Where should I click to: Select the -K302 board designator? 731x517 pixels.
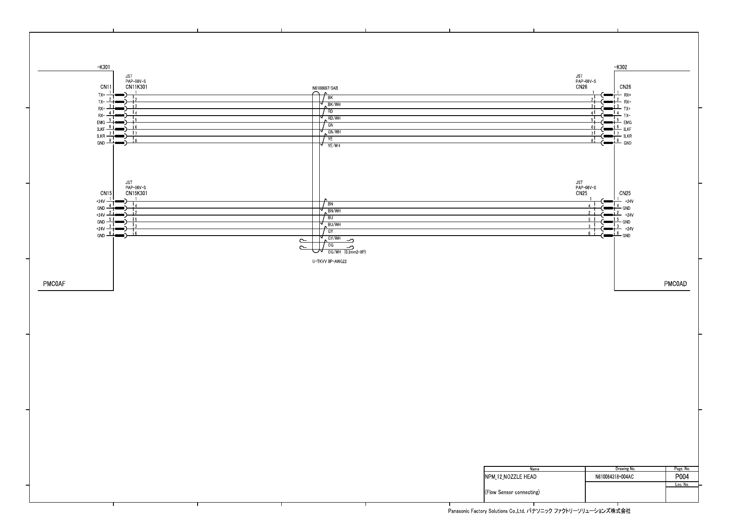(x=621, y=68)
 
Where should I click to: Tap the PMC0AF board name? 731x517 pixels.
(x=54, y=284)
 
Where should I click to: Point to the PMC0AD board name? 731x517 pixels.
(x=675, y=284)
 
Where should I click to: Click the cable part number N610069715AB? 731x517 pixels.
(x=325, y=89)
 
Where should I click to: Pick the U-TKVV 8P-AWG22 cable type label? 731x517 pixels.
(x=329, y=262)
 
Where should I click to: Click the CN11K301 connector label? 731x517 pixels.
(x=137, y=87)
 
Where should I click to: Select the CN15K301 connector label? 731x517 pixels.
(x=137, y=193)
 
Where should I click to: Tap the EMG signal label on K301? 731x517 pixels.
(x=101, y=123)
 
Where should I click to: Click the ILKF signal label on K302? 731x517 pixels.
(x=627, y=130)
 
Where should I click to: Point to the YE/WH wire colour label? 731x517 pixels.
(x=334, y=146)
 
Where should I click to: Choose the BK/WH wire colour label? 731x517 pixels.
(x=334, y=105)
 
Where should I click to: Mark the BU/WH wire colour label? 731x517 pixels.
(x=334, y=225)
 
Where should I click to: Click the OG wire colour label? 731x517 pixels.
(x=331, y=245)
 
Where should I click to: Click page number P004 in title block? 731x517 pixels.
(x=682, y=477)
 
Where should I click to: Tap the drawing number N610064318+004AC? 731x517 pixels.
(x=614, y=477)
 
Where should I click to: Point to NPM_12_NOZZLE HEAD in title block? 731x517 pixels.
(x=511, y=477)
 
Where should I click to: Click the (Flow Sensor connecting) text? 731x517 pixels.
(x=512, y=493)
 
